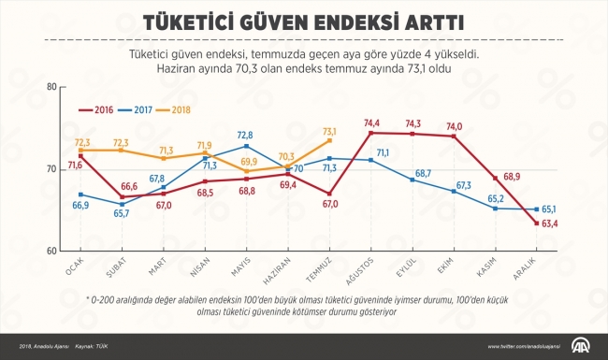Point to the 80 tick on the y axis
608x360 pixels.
pos(51,87)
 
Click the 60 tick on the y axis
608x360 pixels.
pos(51,251)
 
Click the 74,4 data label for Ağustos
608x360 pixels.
pos(371,122)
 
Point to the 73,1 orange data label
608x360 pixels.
pos(330,132)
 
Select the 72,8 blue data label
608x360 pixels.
pos(245,136)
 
